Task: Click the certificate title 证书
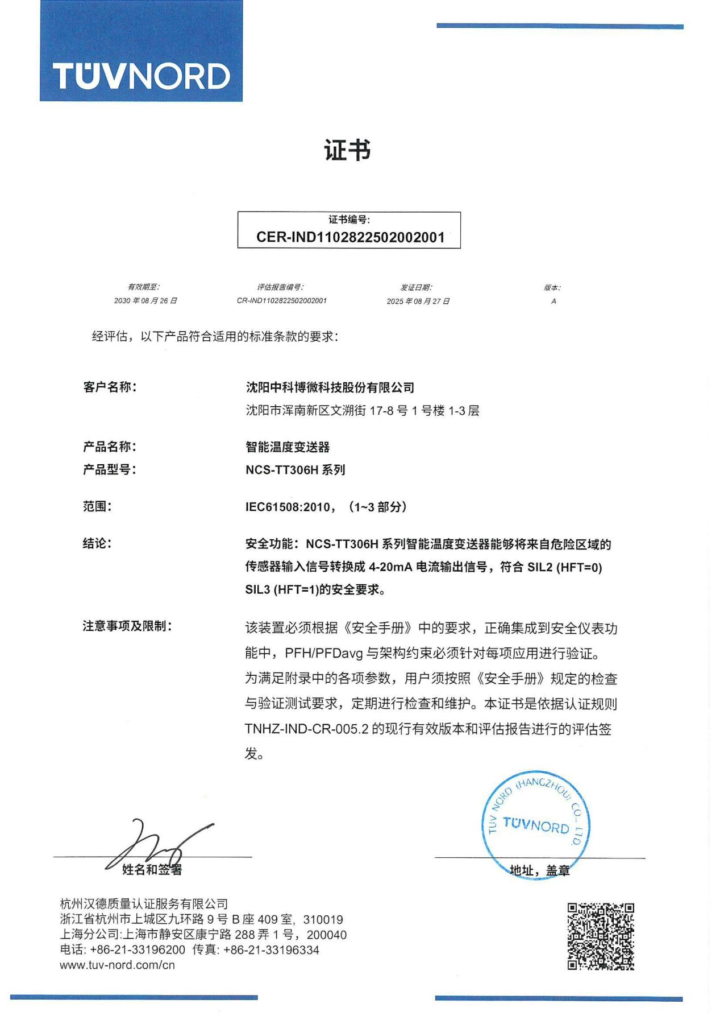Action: pos(347,151)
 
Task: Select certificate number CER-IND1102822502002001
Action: pos(350,237)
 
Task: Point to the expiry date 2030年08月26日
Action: pos(145,301)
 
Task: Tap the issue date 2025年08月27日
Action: pos(418,302)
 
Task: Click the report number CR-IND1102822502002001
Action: pos(281,301)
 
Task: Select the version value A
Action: pos(553,302)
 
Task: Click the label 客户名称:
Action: pos(110,387)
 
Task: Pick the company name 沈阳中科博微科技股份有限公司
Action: pos(330,388)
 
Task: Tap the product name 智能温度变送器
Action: pos(288,447)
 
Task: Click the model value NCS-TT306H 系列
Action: pos(295,470)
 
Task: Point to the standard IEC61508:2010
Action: pos(288,507)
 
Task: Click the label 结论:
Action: pos(97,543)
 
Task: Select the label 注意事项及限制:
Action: pos(127,626)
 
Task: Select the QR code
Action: pos(601,936)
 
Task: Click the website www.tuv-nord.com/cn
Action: pos(118,965)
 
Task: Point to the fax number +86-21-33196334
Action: pos(271,949)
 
